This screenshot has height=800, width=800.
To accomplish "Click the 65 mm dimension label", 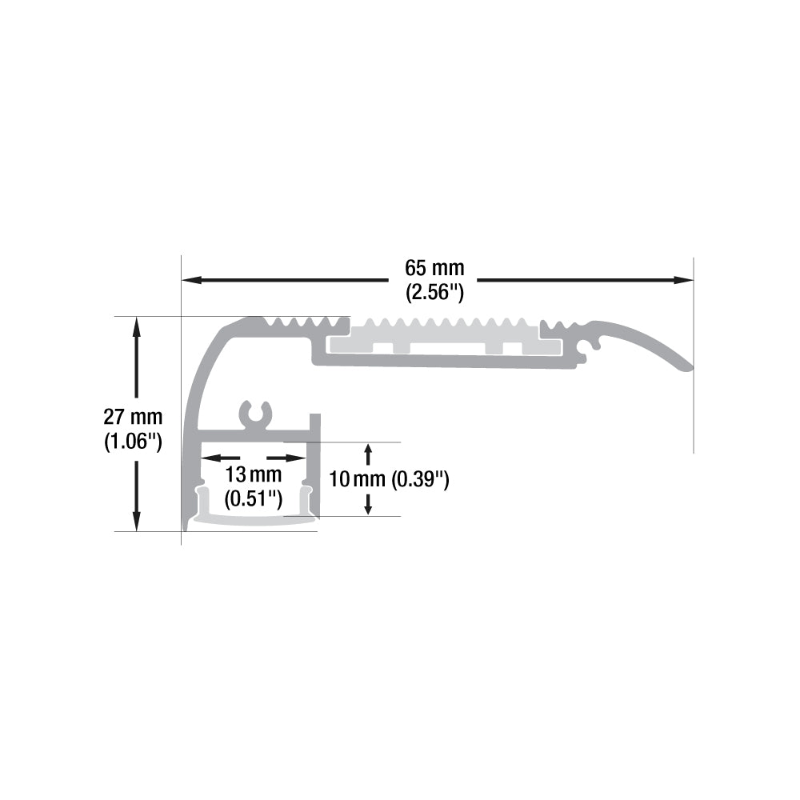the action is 434,268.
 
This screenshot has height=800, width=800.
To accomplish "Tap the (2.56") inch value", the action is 434,293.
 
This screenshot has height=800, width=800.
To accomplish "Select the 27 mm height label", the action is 133,417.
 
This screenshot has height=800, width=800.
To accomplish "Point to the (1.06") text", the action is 133,442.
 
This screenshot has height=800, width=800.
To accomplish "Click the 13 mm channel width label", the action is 254,474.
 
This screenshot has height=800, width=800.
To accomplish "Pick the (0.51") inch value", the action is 254,498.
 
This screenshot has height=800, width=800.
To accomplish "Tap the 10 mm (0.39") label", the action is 389,479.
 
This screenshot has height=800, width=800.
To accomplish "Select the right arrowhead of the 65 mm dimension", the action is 684,280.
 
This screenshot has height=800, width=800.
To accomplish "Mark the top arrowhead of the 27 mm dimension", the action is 136,326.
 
